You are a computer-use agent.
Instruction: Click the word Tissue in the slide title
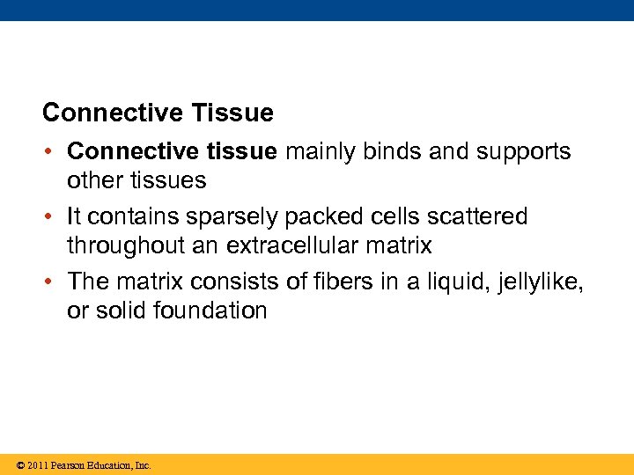click(x=231, y=113)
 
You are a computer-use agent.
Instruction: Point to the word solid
click(x=118, y=311)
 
